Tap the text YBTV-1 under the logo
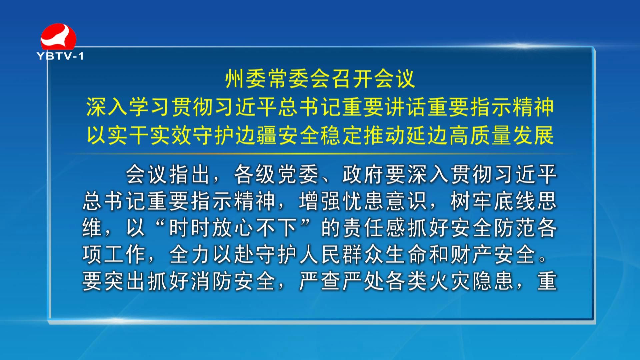pos(60,56)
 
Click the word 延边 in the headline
pos(427,136)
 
